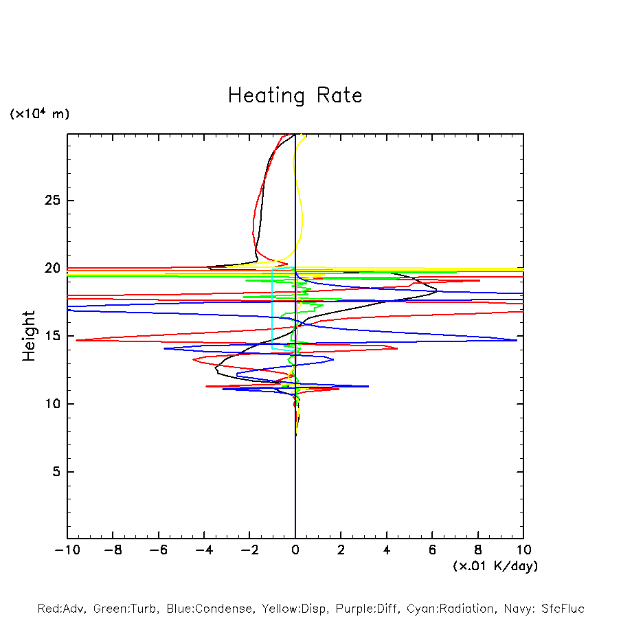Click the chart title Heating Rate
(295, 95)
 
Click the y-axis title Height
(29, 336)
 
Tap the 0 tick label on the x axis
(295, 550)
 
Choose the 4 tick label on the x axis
(387, 550)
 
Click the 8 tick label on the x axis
(478, 550)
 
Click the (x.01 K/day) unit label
(495, 566)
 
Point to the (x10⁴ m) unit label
(39, 114)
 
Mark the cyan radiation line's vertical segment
(273, 309)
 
